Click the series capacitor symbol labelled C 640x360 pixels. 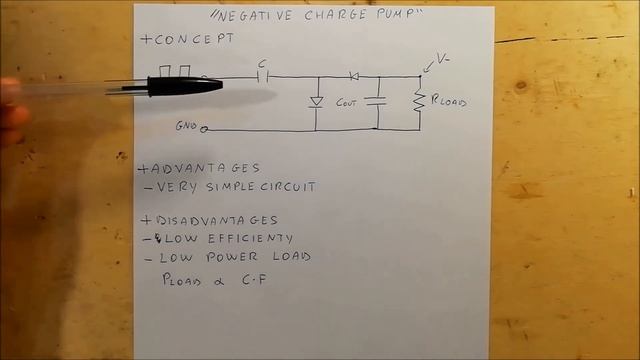[x=263, y=77]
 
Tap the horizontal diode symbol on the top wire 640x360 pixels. [x=353, y=76]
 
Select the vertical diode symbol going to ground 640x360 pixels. [x=316, y=101]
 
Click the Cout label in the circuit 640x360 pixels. [x=347, y=103]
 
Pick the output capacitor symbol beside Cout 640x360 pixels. [x=377, y=100]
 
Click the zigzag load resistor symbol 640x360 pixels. [x=420, y=99]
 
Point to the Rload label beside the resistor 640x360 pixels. [x=448, y=102]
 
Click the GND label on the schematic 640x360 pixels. [x=186, y=127]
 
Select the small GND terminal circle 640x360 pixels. [x=205, y=129]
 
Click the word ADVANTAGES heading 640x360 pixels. [x=203, y=168]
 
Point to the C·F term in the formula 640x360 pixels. [x=250, y=281]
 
